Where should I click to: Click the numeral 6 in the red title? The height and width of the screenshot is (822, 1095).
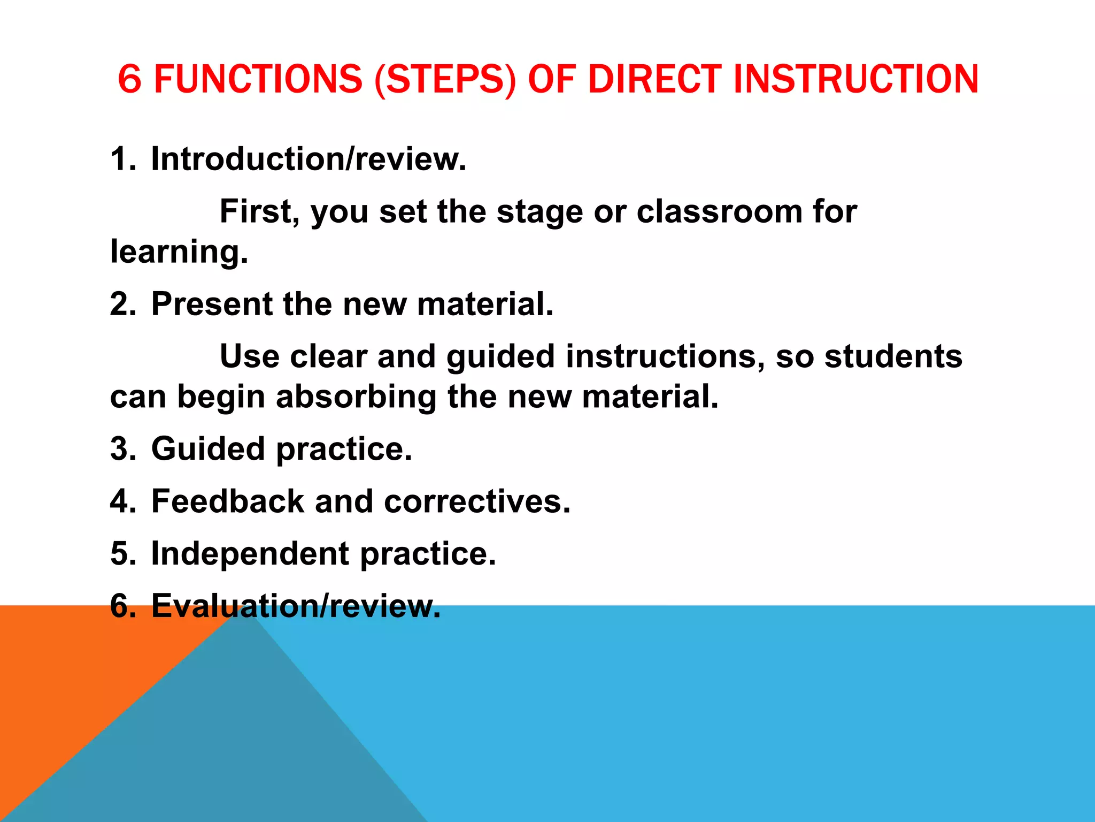pyautogui.click(x=129, y=79)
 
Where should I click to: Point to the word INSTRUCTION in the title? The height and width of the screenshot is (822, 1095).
pyautogui.click(x=855, y=79)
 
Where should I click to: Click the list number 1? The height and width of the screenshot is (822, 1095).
pyautogui.click(x=121, y=159)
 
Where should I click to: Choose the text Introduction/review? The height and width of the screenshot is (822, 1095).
pyautogui.click(x=309, y=159)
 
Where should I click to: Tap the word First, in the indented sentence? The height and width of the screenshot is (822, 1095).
pyautogui.click(x=260, y=212)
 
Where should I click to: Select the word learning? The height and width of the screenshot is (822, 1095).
pyautogui.click(x=179, y=252)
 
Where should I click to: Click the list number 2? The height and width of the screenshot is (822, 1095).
pyautogui.click(x=122, y=304)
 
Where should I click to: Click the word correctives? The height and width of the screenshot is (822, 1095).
pyautogui.click(x=477, y=501)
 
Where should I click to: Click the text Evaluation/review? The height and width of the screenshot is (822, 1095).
pyautogui.click(x=296, y=606)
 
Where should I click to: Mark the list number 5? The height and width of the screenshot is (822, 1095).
pyautogui.click(x=122, y=553)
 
